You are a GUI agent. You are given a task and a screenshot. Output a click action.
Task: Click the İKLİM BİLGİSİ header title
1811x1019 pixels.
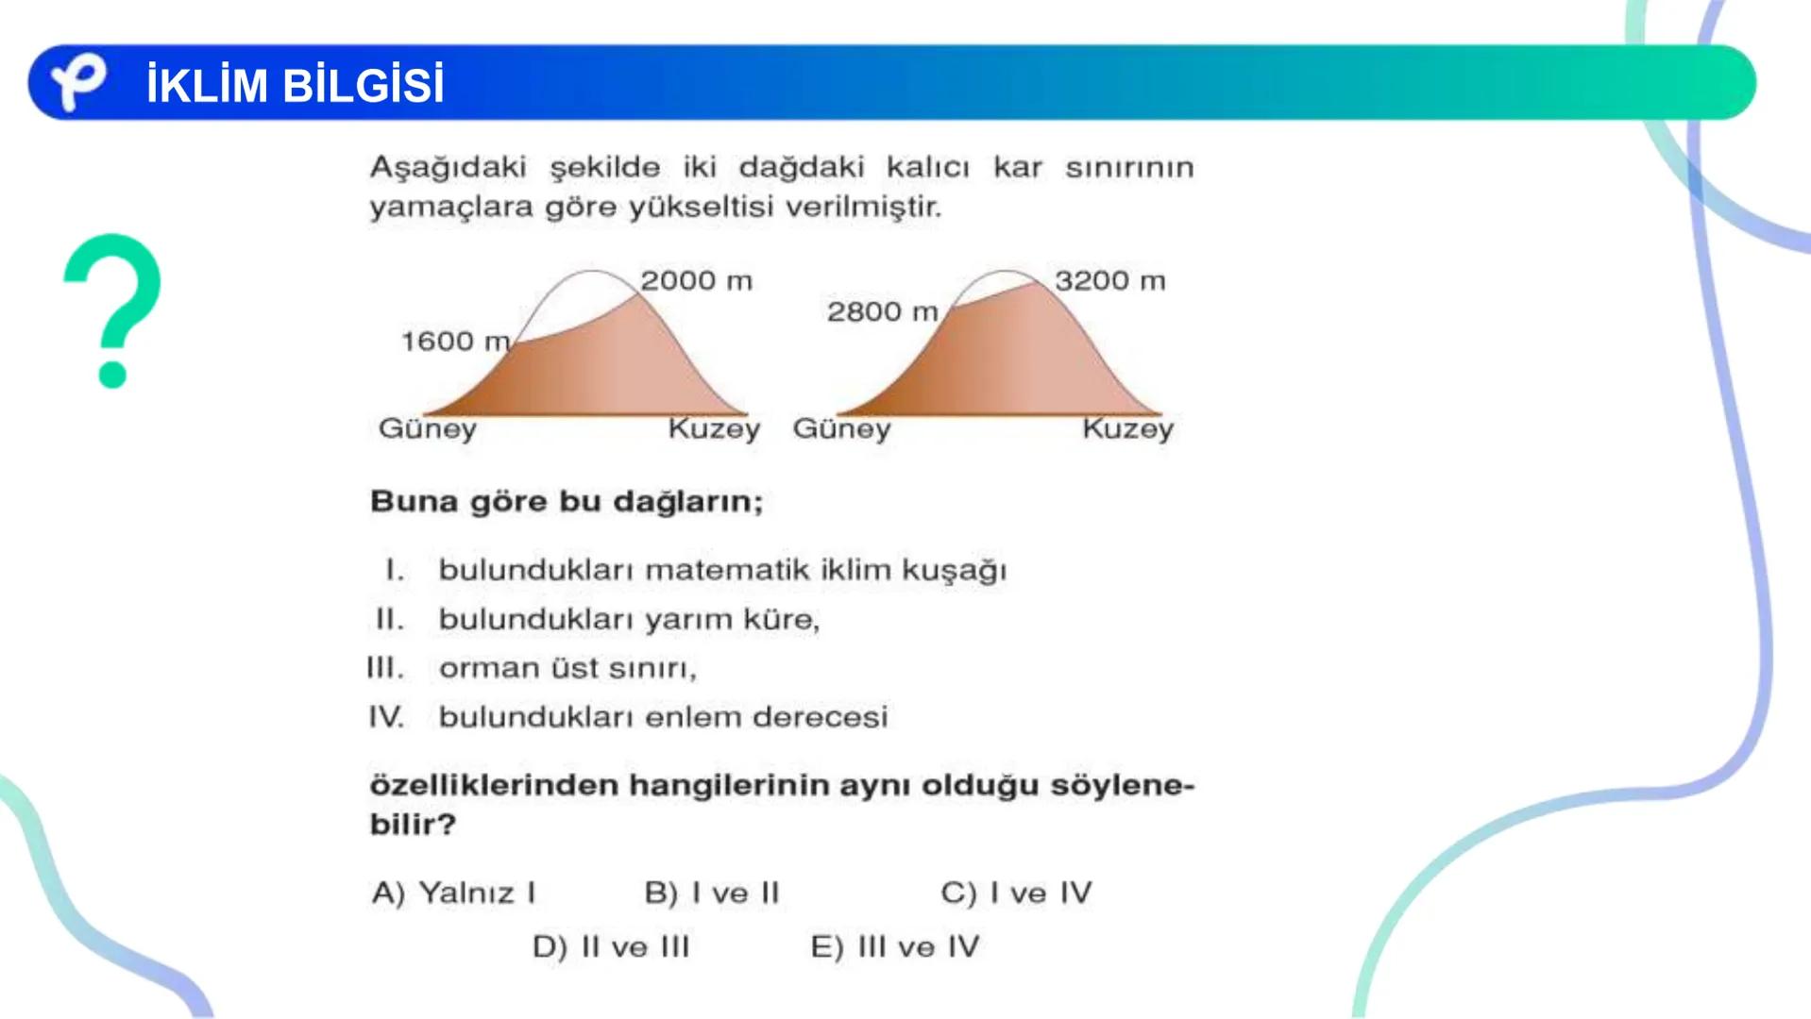tap(295, 86)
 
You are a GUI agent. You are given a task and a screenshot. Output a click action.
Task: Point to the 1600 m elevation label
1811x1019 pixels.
tap(455, 342)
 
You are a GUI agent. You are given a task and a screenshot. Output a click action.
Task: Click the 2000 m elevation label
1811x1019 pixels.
tap(696, 281)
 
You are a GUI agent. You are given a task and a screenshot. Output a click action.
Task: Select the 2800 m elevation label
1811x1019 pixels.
tap(882, 312)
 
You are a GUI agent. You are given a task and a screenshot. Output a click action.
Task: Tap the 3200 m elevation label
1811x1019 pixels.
tap(1109, 281)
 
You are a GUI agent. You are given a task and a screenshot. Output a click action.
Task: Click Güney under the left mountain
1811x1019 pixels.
tap(427, 429)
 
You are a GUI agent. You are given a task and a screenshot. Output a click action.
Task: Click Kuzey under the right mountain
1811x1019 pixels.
tap(1127, 429)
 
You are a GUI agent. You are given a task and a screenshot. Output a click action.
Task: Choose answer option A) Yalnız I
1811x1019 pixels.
tap(454, 893)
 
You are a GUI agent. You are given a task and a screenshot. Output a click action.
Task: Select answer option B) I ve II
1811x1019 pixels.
tap(712, 893)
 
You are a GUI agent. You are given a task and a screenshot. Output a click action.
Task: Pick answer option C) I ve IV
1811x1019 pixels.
tap(1016, 893)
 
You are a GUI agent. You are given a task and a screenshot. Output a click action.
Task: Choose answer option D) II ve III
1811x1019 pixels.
tap(611, 947)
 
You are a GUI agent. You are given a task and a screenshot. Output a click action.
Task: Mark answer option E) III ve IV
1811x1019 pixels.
tap(895, 947)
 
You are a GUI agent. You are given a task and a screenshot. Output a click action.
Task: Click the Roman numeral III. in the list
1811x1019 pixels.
tap(385, 669)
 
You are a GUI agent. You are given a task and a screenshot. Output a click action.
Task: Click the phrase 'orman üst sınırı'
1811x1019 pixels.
tap(567, 669)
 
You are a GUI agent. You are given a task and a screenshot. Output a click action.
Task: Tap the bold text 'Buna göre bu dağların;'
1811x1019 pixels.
tap(566, 501)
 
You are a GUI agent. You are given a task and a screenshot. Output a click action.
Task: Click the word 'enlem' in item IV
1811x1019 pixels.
tap(697, 718)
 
